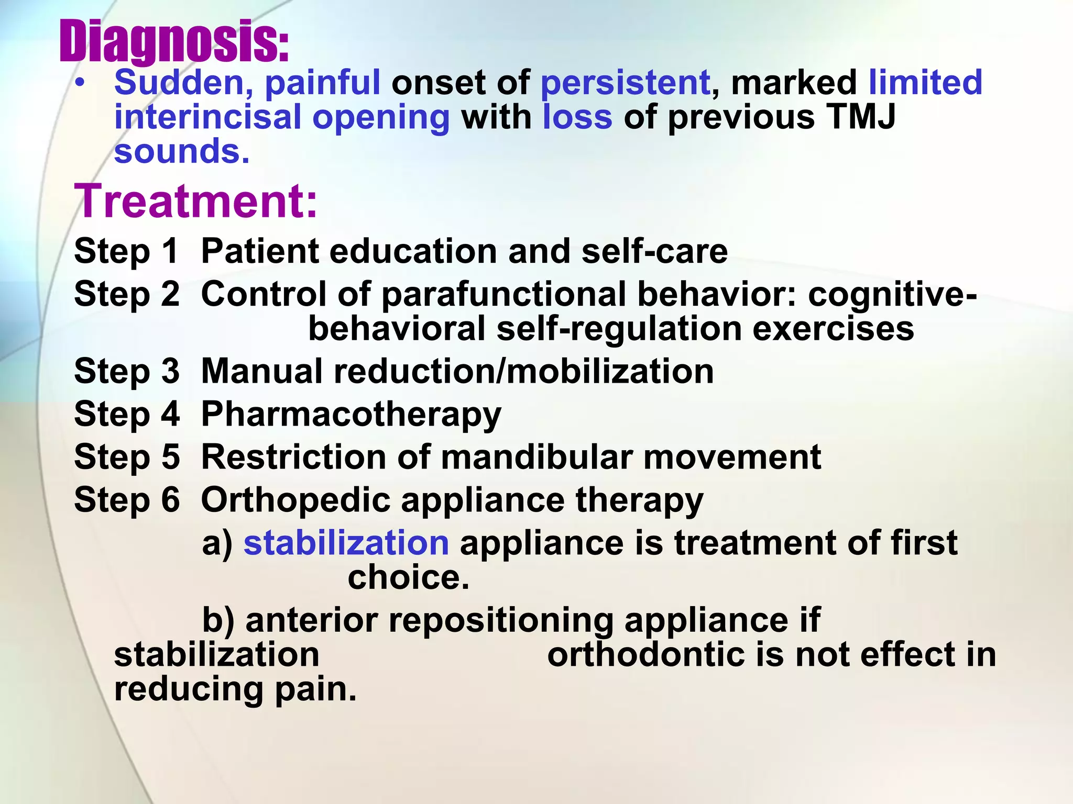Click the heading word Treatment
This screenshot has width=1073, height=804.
tap(195, 202)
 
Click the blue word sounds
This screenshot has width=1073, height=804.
tap(181, 151)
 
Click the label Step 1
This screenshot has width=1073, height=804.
tap(126, 251)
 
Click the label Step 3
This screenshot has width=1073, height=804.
tap(126, 372)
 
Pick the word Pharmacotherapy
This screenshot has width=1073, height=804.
tap(351, 415)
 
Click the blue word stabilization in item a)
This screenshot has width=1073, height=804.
tap(346, 543)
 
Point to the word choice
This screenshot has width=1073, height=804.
tap(408, 577)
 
